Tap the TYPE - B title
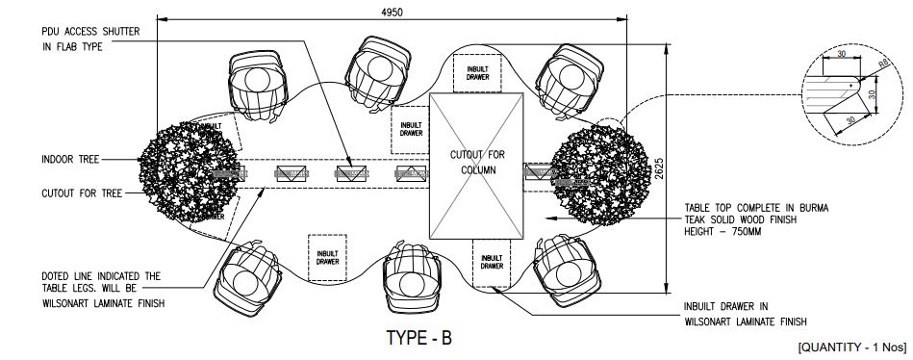coord(418,338)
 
